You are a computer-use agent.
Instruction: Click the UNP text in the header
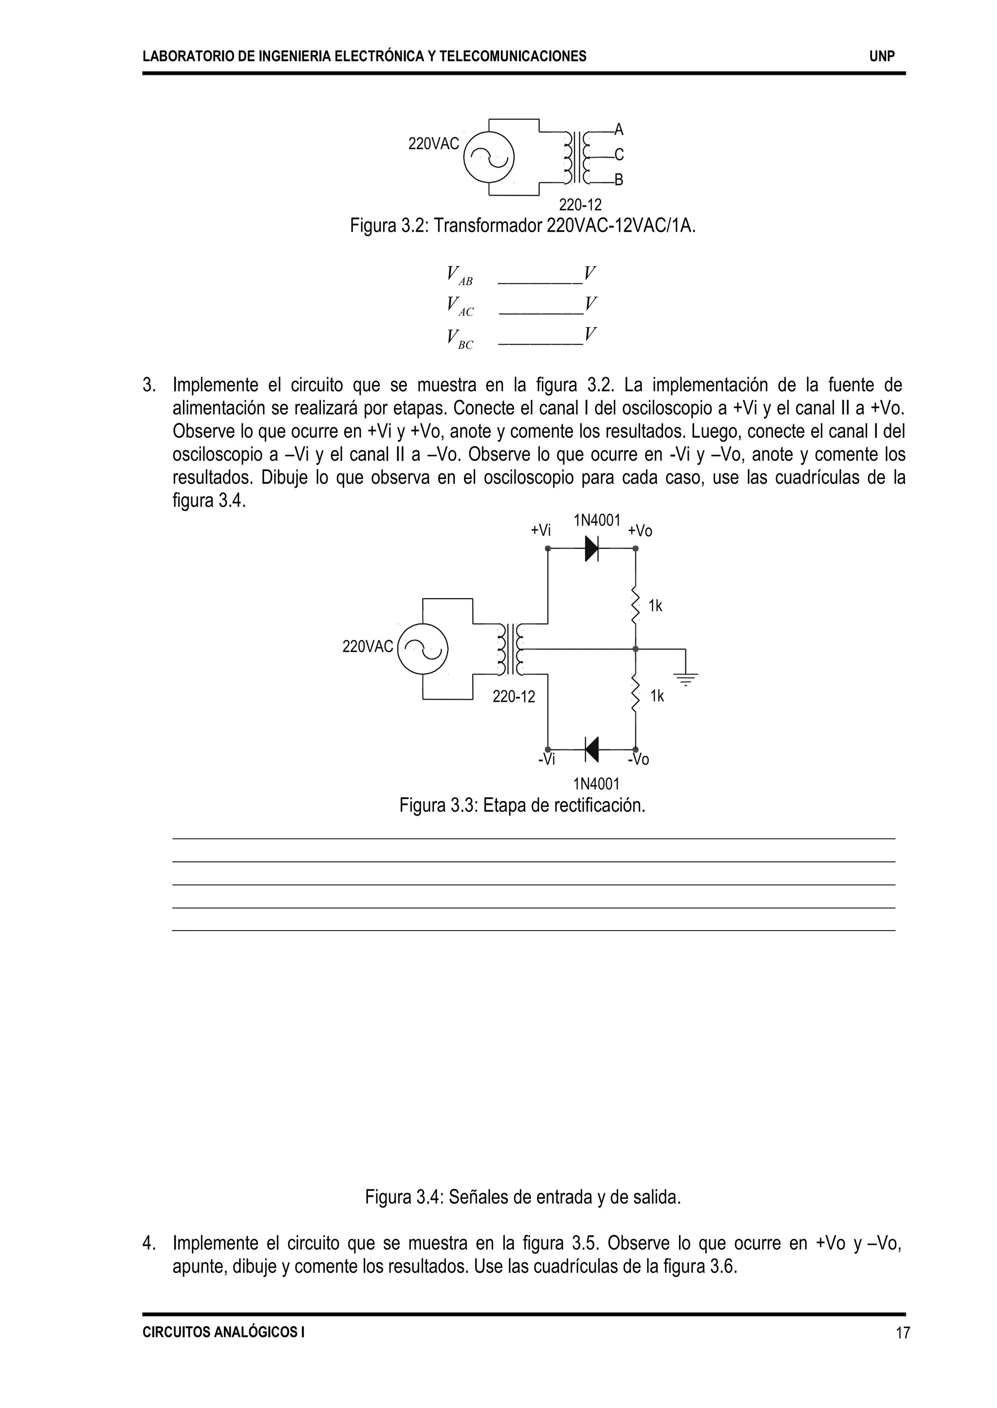click(882, 56)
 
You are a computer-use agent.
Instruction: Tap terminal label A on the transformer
click(619, 129)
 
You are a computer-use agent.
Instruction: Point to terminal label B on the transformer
click(619, 180)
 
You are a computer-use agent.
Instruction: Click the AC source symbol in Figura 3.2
click(489, 157)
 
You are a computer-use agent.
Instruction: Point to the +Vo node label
click(640, 531)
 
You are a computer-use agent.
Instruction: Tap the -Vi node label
click(546, 760)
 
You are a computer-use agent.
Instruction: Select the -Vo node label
click(639, 760)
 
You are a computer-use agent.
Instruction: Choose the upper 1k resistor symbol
click(635, 605)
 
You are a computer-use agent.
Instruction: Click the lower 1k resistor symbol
click(635, 695)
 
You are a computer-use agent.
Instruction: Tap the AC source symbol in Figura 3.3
click(423, 649)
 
